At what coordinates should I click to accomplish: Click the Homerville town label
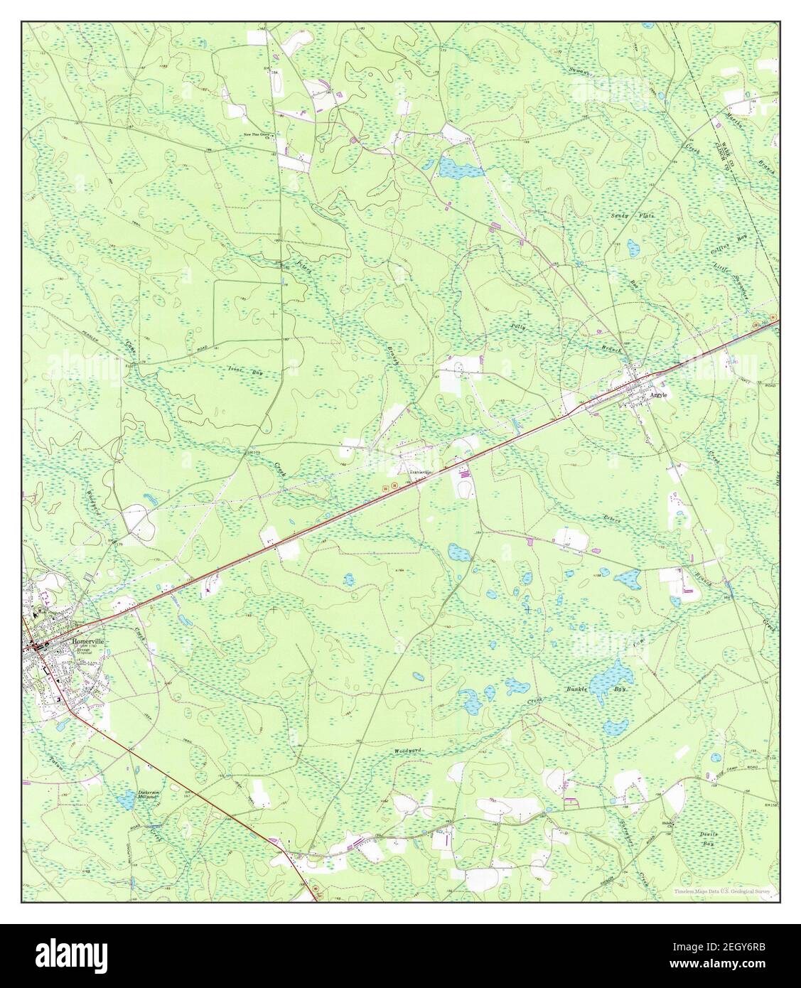(87, 639)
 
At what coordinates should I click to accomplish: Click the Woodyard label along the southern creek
(408, 751)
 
